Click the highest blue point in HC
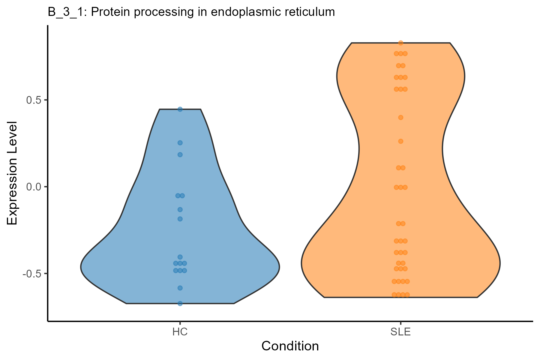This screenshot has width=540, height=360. [180, 109]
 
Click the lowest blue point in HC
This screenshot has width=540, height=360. [180, 304]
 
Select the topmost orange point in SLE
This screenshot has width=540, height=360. [400, 43]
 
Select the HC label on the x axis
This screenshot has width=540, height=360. [180, 332]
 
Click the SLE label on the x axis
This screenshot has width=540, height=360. [400, 332]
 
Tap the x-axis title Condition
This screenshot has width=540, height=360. [290, 346]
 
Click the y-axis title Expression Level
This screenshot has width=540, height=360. [13, 173]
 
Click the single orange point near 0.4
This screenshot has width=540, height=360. [400, 117]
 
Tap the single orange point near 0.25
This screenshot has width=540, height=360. [400, 141]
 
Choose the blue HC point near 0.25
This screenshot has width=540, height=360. [180, 143]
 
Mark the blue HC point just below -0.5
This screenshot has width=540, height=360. [180, 288]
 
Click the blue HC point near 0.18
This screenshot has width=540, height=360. [180, 155]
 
